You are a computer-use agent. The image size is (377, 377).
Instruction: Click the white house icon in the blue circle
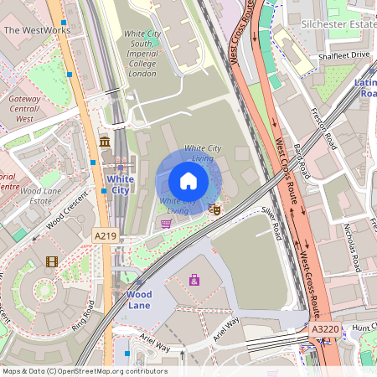coord(188,181)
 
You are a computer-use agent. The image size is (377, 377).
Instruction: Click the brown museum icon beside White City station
coord(104,142)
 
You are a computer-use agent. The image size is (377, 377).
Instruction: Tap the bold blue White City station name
coord(120,184)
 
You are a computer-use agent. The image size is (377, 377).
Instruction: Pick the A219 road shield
coord(106,237)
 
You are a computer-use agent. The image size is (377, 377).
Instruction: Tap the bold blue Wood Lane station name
coord(138,301)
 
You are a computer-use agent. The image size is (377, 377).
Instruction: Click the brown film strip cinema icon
coord(53,262)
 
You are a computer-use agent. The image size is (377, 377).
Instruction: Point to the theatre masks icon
coord(214,209)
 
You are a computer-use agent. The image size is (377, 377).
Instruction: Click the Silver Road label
coord(270,224)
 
